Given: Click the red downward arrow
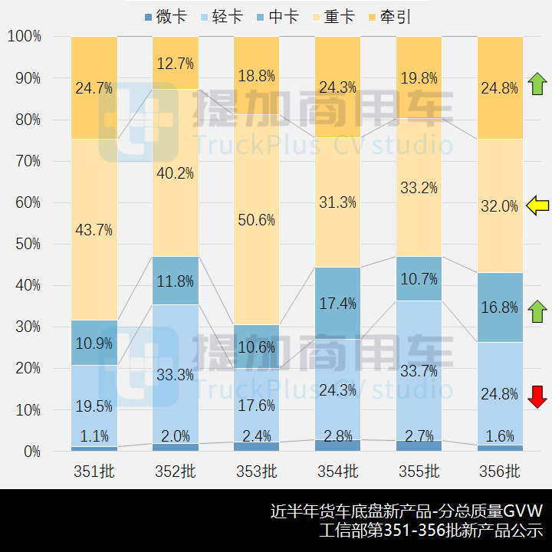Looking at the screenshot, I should pyautogui.click(x=538, y=396).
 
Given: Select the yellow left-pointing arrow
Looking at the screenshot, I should pyautogui.click(x=538, y=205).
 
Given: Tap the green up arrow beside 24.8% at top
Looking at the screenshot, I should pyautogui.click(x=538, y=83).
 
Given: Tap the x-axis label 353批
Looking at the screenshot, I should pyautogui.click(x=256, y=471).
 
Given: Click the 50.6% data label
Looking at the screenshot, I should pyautogui.click(x=256, y=220).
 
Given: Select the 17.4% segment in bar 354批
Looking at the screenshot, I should pyautogui.click(x=337, y=303).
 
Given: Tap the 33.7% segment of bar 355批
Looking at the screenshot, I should pyautogui.click(x=419, y=370).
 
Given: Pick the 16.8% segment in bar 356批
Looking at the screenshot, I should pyautogui.click(x=500, y=307).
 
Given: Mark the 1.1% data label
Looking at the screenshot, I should pyautogui.click(x=94, y=436).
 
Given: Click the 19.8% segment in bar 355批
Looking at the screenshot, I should pyautogui.click(x=419, y=78).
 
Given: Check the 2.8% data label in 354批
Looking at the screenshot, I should pyautogui.click(x=337, y=436).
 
